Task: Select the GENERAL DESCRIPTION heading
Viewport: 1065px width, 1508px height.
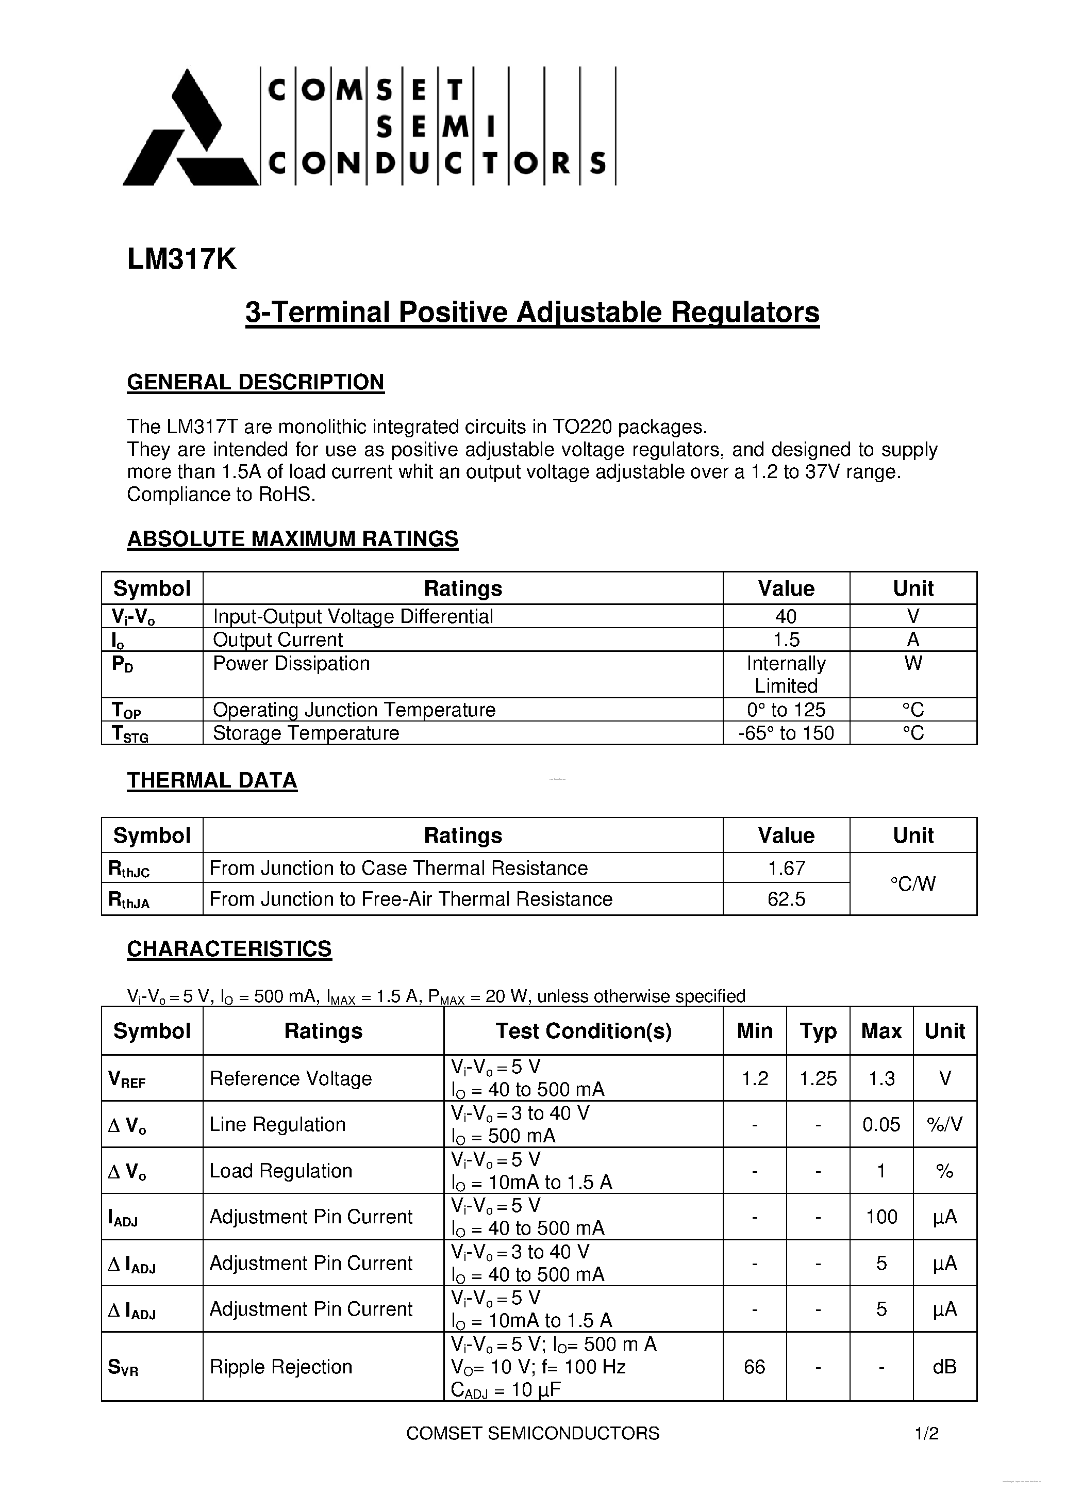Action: pos(255,382)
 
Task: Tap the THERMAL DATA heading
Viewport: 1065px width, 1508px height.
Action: pos(211,780)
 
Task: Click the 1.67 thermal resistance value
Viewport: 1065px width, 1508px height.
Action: pos(786,868)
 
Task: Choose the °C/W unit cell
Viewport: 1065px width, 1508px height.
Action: pos(912,884)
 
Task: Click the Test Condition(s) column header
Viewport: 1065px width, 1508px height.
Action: pos(583,1031)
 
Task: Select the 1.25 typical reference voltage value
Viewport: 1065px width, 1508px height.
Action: pos(818,1078)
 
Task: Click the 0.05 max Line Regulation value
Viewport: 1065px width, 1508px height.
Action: pos(881,1124)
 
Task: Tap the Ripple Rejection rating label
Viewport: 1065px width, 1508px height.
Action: pos(280,1367)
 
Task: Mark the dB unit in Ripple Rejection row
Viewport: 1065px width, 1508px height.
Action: pos(944,1367)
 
